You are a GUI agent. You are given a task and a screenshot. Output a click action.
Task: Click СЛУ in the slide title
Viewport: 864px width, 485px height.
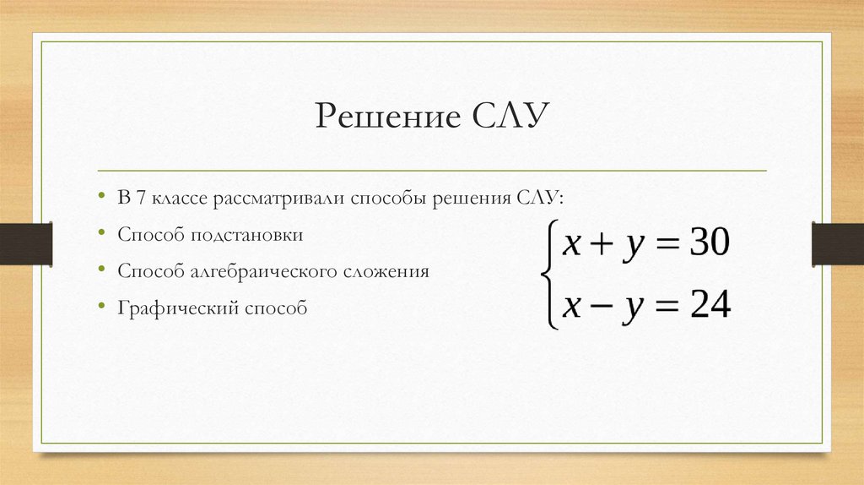[x=505, y=115]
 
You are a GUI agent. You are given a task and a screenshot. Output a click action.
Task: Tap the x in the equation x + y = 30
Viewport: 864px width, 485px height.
[x=572, y=246]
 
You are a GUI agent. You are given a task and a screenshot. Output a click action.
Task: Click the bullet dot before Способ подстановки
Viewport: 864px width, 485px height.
[x=100, y=236]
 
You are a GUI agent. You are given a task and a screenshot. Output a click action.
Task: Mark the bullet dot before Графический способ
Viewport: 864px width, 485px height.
[x=100, y=309]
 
